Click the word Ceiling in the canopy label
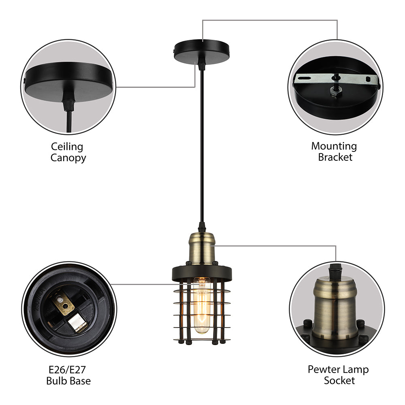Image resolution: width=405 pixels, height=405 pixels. click(67, 147)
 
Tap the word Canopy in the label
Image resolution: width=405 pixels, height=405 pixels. click(68, 158)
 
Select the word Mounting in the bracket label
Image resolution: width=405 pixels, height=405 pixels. click(334, 147)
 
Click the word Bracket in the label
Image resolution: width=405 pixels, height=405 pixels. click(335, 157)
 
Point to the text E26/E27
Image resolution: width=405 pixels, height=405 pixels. click(68, 370)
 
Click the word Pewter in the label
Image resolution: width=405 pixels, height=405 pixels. click(323, 370)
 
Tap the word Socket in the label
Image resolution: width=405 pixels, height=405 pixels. click(339, 381)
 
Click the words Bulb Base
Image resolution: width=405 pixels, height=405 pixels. click(68, 381)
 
